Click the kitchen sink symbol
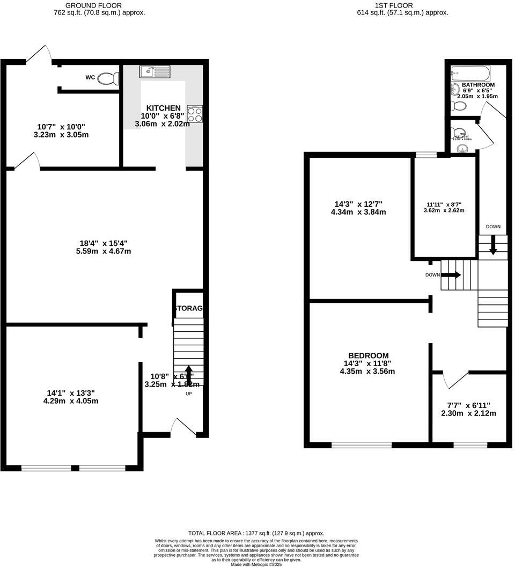tap(154, 72)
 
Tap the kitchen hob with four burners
tap(195, 114)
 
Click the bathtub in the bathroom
tap(470, 73)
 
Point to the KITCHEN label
tap(163, 108)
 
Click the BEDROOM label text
tap(368, 355)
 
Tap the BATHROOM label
tap(478, 85)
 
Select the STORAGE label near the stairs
tap(188, 308)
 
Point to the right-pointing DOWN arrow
tap(451, 275)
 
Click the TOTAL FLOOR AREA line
tap(256, 533)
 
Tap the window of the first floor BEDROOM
tap(361, 445)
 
